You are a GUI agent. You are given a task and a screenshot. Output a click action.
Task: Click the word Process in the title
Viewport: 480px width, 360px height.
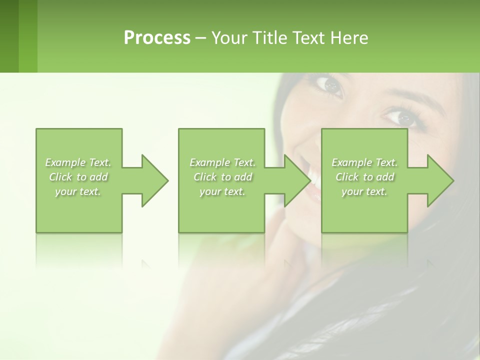click(157, 38)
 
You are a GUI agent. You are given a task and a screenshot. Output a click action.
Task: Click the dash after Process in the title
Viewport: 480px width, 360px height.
click(201, 38)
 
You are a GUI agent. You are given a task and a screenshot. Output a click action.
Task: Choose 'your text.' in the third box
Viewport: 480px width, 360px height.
click(364, 191)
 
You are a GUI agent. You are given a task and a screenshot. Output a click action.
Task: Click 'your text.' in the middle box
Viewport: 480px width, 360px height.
click(222, 191)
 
